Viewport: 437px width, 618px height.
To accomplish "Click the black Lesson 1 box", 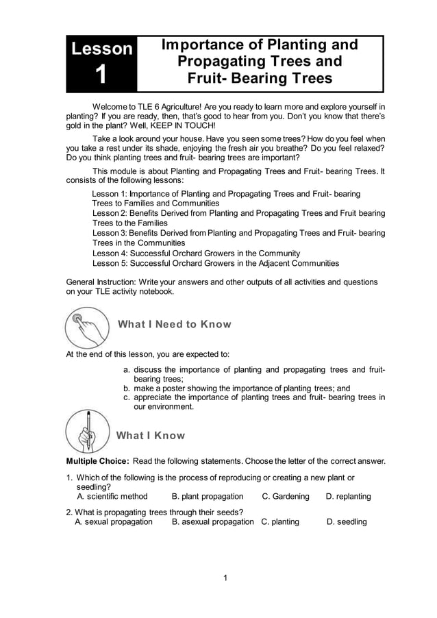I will pyautogui.click(x=101, y=63).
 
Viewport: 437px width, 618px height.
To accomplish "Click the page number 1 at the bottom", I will pyautogui.click(x=225, y=578).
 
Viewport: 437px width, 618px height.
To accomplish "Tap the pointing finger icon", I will pyautogui.click(x=87, y=327).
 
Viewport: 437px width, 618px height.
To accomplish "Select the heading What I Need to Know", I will pyautogui.click(x=175, y=324).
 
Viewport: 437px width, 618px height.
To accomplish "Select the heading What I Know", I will pyautogui.click(x=151, y=436).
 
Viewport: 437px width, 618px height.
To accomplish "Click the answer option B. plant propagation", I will pyautogui.click(x=208, y=496).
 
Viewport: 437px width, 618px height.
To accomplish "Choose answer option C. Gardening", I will pyautogui.click(x=286, y=496).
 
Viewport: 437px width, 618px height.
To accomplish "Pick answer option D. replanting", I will pyautogui.click(x=348, y=496).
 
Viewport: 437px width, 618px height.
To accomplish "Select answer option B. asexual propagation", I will pyautogui.click(x=212, y=521).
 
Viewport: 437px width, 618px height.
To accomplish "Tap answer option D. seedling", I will pyautogui.click(x=347, y=521).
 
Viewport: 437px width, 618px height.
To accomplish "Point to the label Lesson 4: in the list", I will pyautogui.click(x=112, y=253).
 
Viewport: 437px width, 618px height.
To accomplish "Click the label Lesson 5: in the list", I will pyautogui.click(x=112, y=262).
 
